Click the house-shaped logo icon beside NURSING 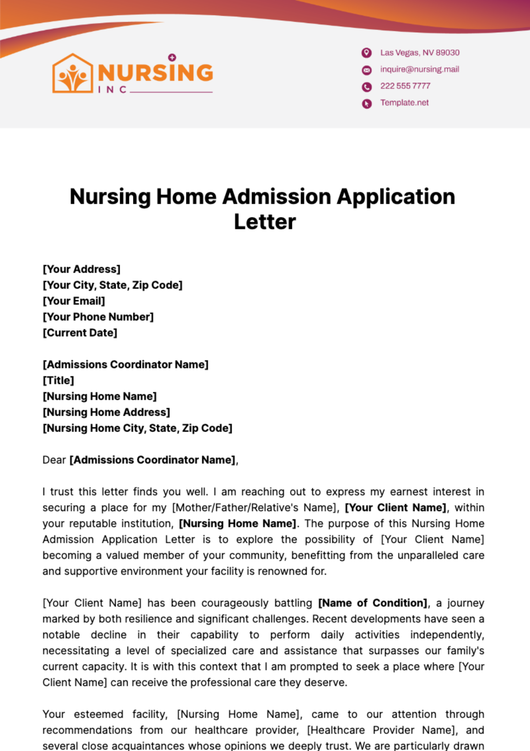click(x=72, y=74)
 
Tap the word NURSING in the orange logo click(x=155, y=73)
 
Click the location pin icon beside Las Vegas click(x=367, y=53)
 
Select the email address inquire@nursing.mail click(x=420, y=69)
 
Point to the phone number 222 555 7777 click(x=405, y=86)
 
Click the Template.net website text click(x=404, y=103)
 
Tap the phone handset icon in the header click(x=367, y=87)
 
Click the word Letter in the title click(x=265, y=222)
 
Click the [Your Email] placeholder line click(x=74, y=301)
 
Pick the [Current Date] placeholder click(x=80, y=333)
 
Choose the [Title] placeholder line click(x=58, y=381)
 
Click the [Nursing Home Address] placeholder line click(x=106, y=412)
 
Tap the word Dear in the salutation click(x=54, y=460)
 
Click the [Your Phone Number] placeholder click(x=98, y=317)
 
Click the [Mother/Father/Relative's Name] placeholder click(x=255, y=508)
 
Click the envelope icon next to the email click(x=367, y=70)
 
